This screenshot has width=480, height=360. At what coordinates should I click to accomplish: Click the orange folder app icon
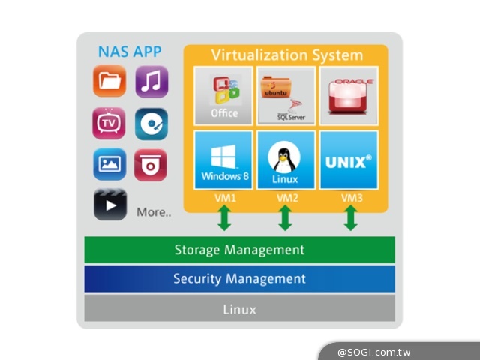pos(109,82)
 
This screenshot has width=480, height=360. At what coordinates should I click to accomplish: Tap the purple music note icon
pos(151,82)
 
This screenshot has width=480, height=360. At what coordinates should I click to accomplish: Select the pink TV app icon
pos(109,124)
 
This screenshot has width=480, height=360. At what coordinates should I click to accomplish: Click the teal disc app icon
pos(151,124)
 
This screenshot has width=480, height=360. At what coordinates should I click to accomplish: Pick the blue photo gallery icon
pos(109,164)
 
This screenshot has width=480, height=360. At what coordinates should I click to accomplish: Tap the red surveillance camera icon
pos(151,164)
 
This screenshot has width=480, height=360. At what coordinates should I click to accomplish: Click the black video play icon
pos(109,205)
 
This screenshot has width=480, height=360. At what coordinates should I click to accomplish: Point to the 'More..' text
pos(154,212)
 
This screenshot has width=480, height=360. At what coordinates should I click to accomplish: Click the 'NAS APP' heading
pos(129,52)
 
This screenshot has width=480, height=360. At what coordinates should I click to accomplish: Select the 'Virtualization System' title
pos(286,55)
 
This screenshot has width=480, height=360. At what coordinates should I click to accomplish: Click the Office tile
pos(223,95)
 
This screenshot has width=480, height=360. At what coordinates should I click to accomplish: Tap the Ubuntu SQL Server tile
pos(285,95)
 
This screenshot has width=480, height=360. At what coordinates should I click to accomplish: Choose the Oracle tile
pos(348,95)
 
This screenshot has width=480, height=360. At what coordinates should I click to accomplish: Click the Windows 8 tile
pos(223,160)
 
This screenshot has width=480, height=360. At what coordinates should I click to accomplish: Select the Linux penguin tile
pos(285,160)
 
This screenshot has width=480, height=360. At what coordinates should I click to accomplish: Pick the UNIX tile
pos(348,160)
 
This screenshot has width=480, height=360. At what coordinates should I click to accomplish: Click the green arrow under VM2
pos(285,218)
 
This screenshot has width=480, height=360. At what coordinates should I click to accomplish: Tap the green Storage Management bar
pos(239,250)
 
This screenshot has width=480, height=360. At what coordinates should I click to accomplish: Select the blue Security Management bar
pos(239,278)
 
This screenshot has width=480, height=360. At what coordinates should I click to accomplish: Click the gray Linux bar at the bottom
pos(239,308)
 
